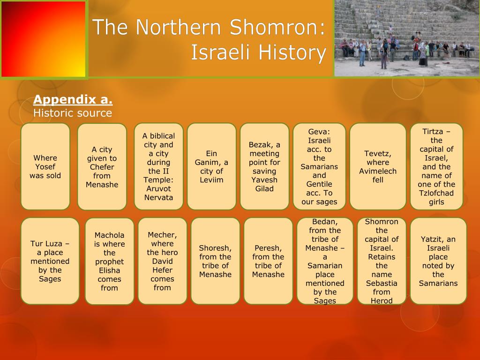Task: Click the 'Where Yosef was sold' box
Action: pos(45,166)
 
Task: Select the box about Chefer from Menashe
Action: pos(102,167)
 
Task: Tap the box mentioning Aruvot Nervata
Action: pos(158,166)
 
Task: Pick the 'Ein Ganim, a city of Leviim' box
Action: pos(211,166)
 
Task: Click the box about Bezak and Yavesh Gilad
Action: pos(264,166)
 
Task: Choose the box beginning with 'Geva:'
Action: pos(319,166)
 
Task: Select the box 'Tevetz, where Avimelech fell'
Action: pos(378,166)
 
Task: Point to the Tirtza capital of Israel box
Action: pos(436,166)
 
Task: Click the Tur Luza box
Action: pos(50,261)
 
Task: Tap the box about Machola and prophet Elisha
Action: pos(109,261)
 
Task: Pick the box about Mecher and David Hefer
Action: pos(162,261)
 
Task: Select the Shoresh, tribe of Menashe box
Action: pos(215,261)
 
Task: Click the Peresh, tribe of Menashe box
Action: pos(268,261)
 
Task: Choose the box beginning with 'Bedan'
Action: pos(325,261)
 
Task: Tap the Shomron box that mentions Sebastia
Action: pos(382,261)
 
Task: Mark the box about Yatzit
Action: pos(438,261)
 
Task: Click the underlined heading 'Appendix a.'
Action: pos(73,100)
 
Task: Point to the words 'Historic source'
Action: pos(73,113)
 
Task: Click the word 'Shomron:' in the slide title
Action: pos(277,27)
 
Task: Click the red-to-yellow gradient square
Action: pos(44,39)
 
